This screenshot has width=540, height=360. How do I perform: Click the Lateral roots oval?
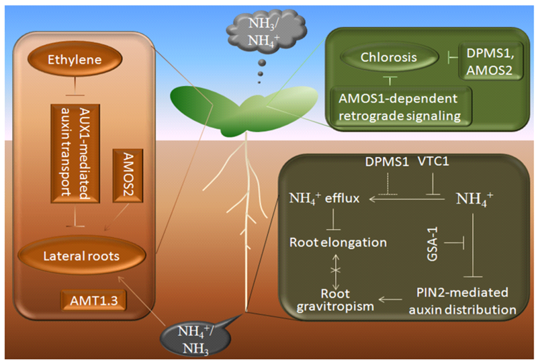81,256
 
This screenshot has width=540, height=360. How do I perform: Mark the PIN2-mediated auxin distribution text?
463,301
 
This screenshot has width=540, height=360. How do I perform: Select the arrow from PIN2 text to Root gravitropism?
392,298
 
